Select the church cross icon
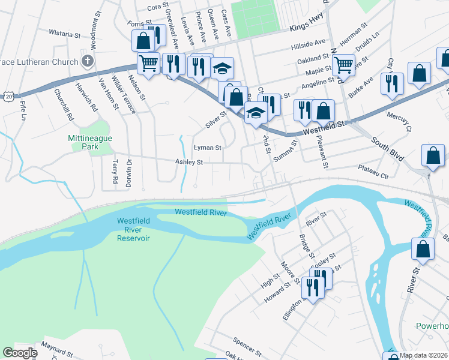pyautogui.click(x=88, y=61)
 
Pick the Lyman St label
pyautogui.click(x=207, y=147)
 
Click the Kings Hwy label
pyautogui.click(x=306, y=28)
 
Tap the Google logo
pyautogui.click(x=20, y=353)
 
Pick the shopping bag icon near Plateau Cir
pyautogui.click(x=433, y=155)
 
